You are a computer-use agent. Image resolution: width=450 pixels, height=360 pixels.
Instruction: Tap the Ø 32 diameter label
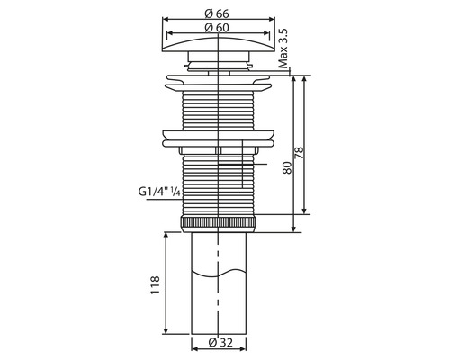coord(220,342)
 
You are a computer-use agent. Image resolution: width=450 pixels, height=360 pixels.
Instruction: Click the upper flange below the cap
coord(219,86)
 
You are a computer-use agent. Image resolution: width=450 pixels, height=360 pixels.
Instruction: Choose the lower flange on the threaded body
coord(219,139)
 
